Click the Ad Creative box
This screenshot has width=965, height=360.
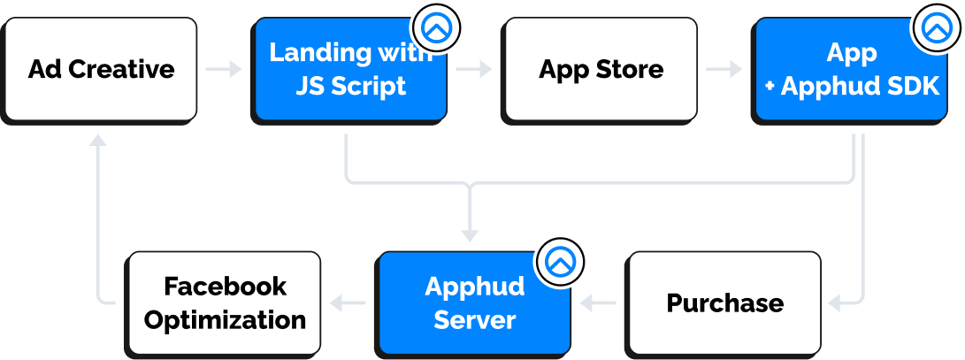pos(101,69)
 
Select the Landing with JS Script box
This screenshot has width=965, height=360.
pos(350,69)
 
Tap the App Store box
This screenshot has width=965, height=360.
pos(601,69)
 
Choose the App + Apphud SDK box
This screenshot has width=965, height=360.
pos(851,69)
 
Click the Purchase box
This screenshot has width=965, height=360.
pos(724,303)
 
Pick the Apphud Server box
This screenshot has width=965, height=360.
pos(474,303)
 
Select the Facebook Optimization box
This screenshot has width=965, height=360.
pos(225,303)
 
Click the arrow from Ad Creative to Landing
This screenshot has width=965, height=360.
pos(225,69)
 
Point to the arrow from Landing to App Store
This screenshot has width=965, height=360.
pos(474,69)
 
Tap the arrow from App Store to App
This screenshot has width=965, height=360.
pos(724,69)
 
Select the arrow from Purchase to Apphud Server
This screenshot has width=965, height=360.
pos(599,303)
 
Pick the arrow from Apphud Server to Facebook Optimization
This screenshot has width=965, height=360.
pos(348,303)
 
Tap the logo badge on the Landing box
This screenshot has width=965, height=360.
pos(436,28)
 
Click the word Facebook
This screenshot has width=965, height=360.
pos(225,287)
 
